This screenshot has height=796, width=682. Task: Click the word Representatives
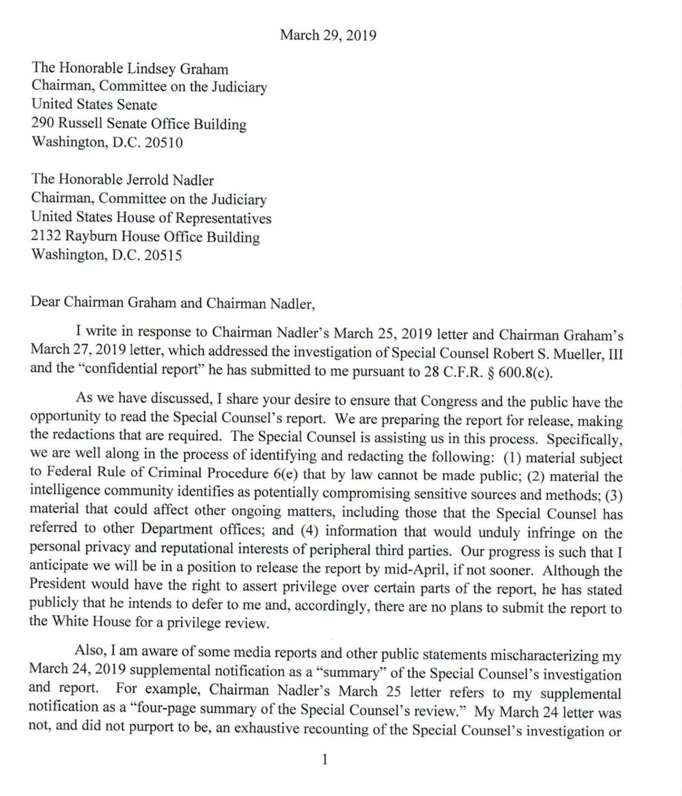223,219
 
